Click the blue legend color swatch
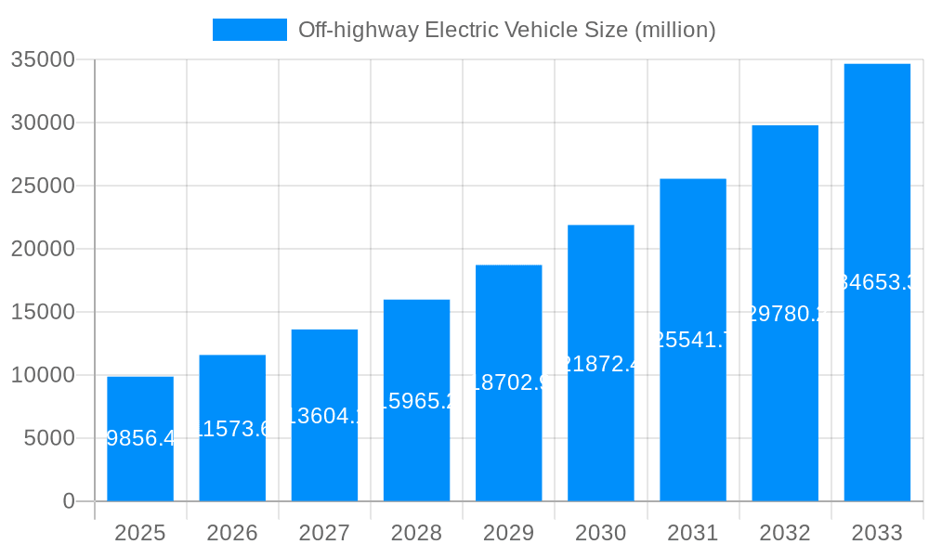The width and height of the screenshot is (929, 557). [249, 30]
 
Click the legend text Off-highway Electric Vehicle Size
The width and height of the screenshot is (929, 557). [506, 30]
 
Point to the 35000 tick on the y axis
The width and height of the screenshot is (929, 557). [42, 59]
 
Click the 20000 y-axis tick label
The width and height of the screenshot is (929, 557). [42, 249]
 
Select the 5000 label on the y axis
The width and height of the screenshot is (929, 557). [48, 438]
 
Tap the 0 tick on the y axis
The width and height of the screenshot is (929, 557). [69, 501]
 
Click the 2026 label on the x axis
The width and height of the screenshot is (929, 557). [232, 533]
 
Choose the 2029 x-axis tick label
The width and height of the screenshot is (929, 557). [508, 533]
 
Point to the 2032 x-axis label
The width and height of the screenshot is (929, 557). [785, 533]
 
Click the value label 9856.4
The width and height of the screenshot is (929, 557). [140, 438]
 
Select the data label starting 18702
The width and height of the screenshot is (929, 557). [508, 382]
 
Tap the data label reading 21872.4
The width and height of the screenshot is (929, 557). [601, 363]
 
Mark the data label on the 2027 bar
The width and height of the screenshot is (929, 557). [324, 415]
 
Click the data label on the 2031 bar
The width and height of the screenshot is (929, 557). [693, 340]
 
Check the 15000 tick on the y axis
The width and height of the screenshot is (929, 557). [42, 312]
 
